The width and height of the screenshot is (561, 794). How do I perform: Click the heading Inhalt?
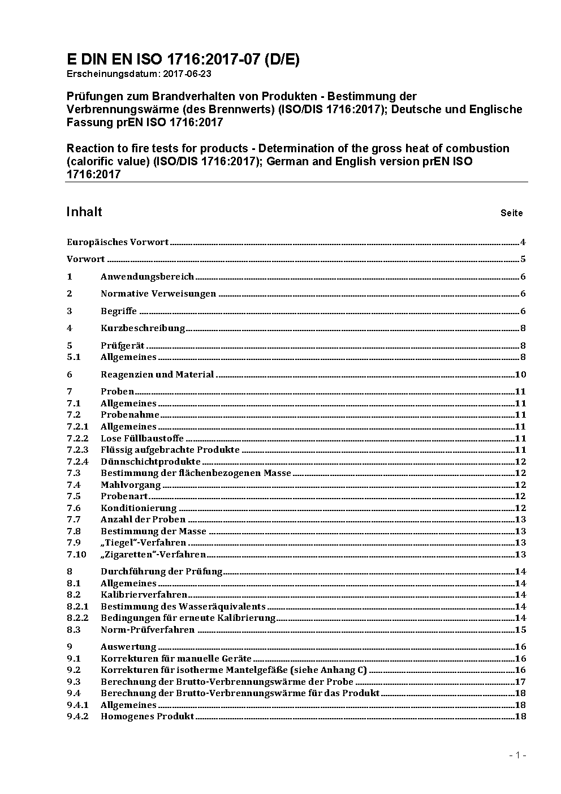coord(84,212)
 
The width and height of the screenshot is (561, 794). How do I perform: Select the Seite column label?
coord(511,213)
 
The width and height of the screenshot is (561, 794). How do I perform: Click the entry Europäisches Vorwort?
coord(118,242)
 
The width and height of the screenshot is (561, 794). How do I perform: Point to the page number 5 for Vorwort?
coord(523,259)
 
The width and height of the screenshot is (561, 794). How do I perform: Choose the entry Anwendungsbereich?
coord(147,277)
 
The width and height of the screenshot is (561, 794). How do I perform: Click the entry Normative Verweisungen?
coord(158,294)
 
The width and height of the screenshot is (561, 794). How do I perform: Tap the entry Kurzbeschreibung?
coord(143,328)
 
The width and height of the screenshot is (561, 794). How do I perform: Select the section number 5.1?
coord(74,357)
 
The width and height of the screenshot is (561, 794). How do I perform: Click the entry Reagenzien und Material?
coord(157,375)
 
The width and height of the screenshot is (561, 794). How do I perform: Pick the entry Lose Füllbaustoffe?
coord(142,439)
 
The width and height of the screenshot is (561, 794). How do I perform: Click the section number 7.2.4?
coord(77,462)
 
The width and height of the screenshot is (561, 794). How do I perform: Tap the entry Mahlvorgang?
coord(131,485)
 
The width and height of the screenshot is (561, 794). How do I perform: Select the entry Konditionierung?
coord(139,508)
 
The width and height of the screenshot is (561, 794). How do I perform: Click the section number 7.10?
coord(76,555)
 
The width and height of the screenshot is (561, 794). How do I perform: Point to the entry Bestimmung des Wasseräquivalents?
coord(183,607)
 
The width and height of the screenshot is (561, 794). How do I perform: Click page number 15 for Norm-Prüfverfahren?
coord(520,630)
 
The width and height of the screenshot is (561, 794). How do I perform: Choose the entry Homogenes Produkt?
coord(147,716)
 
